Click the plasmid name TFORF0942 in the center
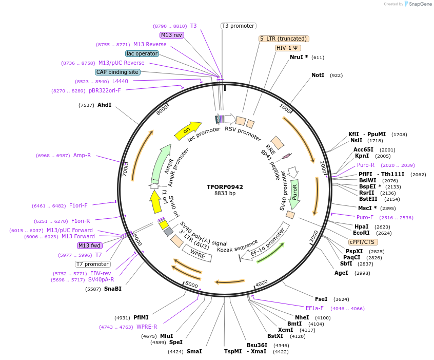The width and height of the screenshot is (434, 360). coord(225,187)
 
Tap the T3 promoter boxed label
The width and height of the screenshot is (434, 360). coord(239,26)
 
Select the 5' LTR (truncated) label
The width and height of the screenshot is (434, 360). coord(284,39)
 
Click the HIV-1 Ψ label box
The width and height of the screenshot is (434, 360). coord(288,48)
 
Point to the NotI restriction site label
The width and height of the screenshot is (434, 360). coord(318,75)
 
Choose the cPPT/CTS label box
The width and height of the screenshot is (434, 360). coord(363,242)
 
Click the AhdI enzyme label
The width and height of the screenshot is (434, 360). coord(104,105)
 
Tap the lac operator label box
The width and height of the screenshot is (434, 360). coord(142,53)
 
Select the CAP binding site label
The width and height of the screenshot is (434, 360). coord(117,72)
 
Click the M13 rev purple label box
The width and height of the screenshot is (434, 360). coord(171,35)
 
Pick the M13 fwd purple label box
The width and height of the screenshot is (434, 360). coord(90,245)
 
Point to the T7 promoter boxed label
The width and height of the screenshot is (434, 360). coord(92,264)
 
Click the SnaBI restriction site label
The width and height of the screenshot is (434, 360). coord(113,289)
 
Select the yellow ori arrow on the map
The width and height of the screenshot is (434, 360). coord(187,131)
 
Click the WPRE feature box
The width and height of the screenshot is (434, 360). coord(197,253)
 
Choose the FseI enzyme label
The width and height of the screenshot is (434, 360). coord(321,299)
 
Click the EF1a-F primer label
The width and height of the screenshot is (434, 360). coord(314,308)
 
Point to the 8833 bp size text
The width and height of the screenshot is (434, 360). coord(225,194)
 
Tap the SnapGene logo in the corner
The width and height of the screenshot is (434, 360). coord(418,4)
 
